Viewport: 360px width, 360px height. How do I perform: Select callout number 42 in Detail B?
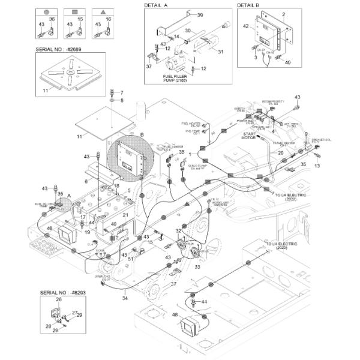tap(245, 26)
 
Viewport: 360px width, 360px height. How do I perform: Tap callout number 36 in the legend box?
tap(52, 19)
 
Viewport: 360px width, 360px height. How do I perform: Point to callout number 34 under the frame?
tap(125, 298)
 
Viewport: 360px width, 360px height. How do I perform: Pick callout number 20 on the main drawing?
tap(280, 153)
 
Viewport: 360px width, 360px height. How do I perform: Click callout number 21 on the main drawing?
tap(125, 214)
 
